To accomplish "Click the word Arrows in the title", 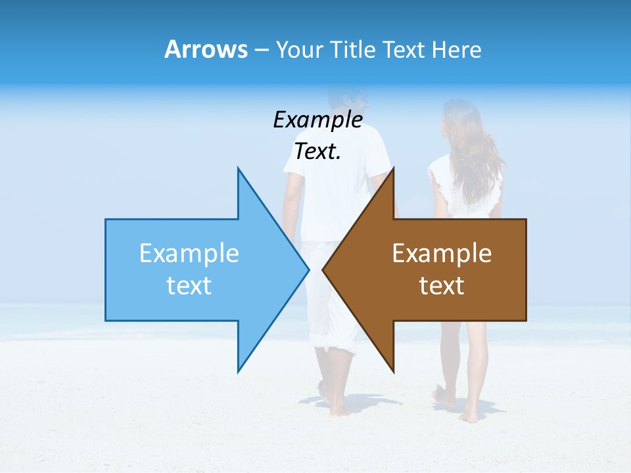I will pos(206,49).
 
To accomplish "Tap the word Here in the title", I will pos(457,50).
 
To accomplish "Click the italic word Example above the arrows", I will pos(317,120).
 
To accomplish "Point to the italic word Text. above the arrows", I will pos(317,152).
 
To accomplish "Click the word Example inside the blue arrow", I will pos(189,253).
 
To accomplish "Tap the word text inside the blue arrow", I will pos(189,286).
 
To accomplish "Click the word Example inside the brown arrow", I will pos(442,253).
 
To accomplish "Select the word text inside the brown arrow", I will pos(442,286).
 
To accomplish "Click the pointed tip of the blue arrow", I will pos(308,269).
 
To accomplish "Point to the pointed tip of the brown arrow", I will pos(324,269).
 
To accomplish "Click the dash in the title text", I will pos(261,50).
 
